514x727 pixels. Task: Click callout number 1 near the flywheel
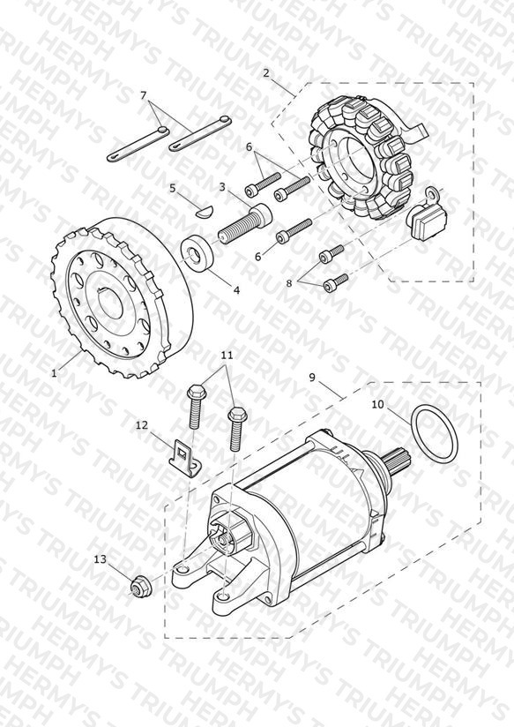point(55,373)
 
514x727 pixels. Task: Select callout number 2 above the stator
point(266,73)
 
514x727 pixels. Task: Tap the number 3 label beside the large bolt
point(222,187)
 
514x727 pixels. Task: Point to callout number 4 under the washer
point(237,290)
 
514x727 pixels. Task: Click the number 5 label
point(173,188)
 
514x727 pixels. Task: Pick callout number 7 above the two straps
point(143,95)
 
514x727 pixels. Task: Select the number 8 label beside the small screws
point(289,283)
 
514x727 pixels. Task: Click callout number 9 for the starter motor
point(312,378)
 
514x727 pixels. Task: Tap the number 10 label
point(377,404)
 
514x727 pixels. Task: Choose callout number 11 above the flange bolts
point(227,356)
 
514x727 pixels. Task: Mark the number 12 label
point(141,424)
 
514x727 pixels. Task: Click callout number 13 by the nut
point(101,559)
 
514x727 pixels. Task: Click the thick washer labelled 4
point(197,252)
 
